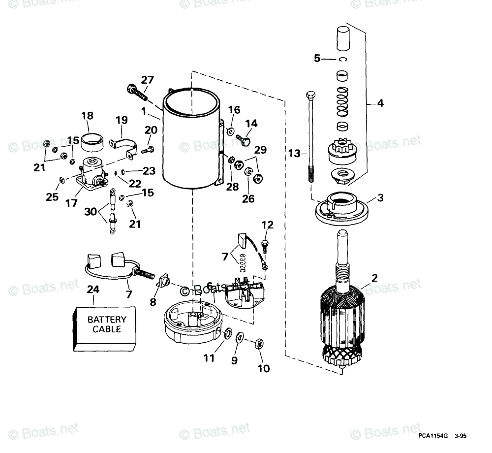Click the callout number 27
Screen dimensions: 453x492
click(x=147, y=81)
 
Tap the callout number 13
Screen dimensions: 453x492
click(x=294, y=154)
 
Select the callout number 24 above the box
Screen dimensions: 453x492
click(x=92, y=290)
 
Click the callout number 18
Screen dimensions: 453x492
click(x=88, y=116)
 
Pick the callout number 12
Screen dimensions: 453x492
click(x=267, y=225)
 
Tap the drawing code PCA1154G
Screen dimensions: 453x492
click(x=433, y=436)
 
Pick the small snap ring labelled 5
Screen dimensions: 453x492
click(x=343, y=60)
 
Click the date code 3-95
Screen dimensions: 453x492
click(x=461, y=436)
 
